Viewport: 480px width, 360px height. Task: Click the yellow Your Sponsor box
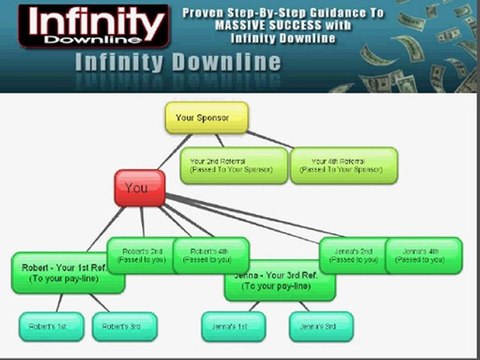point(205,118)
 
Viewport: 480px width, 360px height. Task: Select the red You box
point(139,188)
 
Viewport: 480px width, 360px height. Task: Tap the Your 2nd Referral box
point(234,165)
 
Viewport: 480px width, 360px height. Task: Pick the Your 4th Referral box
point(344,165)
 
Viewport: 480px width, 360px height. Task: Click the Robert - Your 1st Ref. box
point(68,273)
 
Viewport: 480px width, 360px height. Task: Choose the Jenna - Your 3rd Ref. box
point(279,279)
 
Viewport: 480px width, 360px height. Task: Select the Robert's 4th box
point(210,256)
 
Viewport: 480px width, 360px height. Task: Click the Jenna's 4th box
point(424,255)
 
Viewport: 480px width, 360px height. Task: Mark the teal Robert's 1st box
point(51,326)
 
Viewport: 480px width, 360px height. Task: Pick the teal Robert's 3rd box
point(125,326)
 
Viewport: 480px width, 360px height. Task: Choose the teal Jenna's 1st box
point(233,326)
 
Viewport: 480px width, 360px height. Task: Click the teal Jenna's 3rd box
point(321,326)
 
